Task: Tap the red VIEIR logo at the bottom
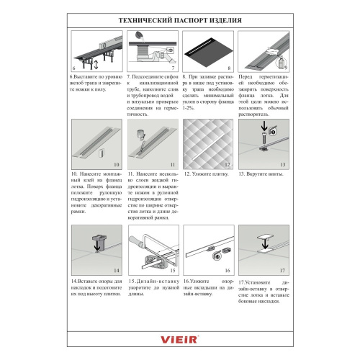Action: (x=179, y=336)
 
